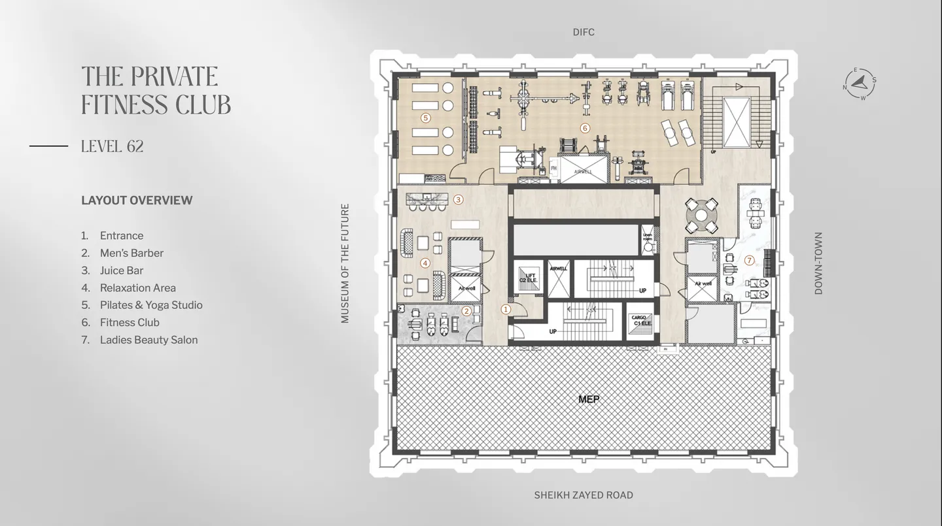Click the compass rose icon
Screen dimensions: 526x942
[x=860, y=84]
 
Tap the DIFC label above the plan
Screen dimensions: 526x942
[x=584, y=32]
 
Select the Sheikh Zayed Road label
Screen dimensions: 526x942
[x=584, y=495]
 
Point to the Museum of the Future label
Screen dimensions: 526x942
[x=345, y=263]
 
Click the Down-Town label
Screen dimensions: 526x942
[x=818, y=263]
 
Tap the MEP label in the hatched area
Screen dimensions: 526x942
[x=589, y=399]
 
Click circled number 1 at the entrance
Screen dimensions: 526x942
[x=506, y=309]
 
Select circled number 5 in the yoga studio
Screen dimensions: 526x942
[x=426, y=118]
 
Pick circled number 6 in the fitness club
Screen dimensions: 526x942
[x=585, y=128]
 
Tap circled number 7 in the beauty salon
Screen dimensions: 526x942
[x=750, y=260]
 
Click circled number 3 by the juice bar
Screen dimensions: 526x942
[x=459, y=200]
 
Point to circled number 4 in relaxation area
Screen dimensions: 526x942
[x=425, y=263]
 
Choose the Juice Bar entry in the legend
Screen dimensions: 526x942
[x=121, y=271]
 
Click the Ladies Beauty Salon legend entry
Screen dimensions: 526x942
[x=148, y=340]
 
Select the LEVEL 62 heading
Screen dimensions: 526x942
[x=112, y=146]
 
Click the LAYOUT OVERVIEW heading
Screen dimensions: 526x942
[x=137, y=201]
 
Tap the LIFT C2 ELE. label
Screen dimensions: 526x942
[x=528, y=278]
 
